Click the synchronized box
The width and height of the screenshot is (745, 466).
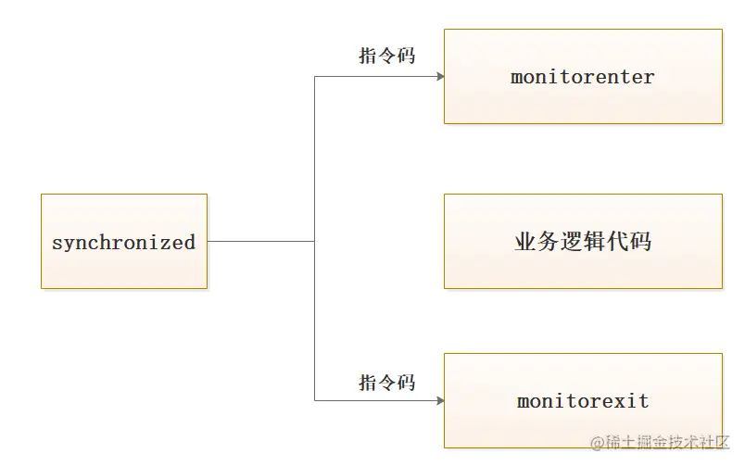point(124,241)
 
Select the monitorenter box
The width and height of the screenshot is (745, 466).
point(583,76)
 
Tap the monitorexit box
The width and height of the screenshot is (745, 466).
point(583,400)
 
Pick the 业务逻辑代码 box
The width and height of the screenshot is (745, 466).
point(583,241)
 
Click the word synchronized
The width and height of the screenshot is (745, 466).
point(124,243)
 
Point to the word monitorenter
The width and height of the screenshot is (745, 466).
point(583,77)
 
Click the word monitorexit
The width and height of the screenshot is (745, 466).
point(583,401)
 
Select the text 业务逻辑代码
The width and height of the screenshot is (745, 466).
point(583,242)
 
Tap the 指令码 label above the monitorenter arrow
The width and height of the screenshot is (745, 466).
point(386,56)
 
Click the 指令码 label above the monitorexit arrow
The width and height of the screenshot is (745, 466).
point(386,382)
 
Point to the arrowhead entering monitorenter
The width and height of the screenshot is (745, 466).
point(439,76)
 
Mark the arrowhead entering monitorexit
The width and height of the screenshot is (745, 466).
point(439,400)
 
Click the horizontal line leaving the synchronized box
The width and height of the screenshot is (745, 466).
point(259,241)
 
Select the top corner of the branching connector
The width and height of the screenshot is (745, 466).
point(315,76)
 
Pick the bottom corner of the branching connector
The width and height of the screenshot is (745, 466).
point(315,400)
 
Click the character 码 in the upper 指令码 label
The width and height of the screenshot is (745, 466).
point(405,56)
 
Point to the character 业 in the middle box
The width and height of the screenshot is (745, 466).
point(525,242)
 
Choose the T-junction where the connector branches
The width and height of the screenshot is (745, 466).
point(315,241)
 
